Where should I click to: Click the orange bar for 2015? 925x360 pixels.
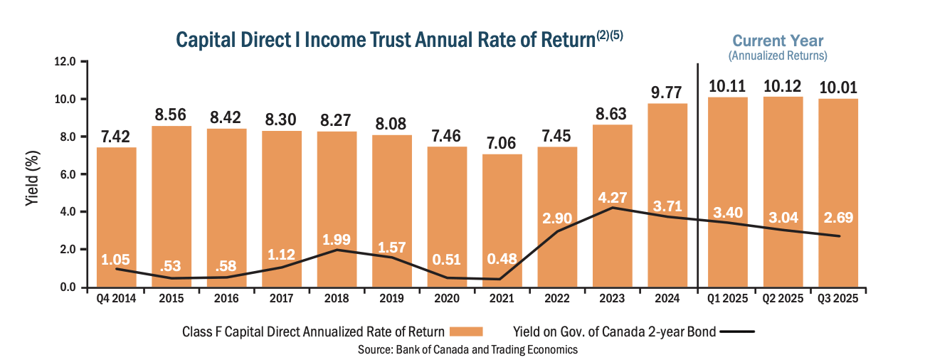[171, 206]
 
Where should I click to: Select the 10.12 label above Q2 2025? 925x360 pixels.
[783, 86]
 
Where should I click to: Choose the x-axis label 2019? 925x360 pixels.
[392, 298]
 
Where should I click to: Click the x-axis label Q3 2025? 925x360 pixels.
[837, 298]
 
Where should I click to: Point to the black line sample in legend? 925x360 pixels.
[741, 332]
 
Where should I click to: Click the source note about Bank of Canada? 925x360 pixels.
[467, 349]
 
